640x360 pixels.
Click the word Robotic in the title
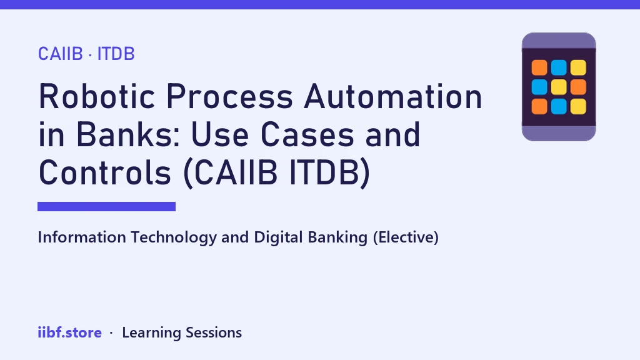97,97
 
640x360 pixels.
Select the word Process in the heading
229,97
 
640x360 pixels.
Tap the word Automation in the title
394,97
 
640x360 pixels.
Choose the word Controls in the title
105,172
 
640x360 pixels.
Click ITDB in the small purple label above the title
116,54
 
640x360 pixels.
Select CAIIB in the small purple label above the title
61,54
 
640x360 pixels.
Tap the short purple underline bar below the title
106,206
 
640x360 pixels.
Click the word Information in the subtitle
82,237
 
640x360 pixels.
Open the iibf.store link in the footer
70,332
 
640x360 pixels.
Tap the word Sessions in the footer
214,332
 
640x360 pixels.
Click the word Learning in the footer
151,333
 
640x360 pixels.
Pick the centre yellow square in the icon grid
559,87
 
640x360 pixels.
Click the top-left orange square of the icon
539,67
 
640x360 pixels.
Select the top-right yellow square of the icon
578,67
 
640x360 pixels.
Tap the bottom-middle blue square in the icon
559,106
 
